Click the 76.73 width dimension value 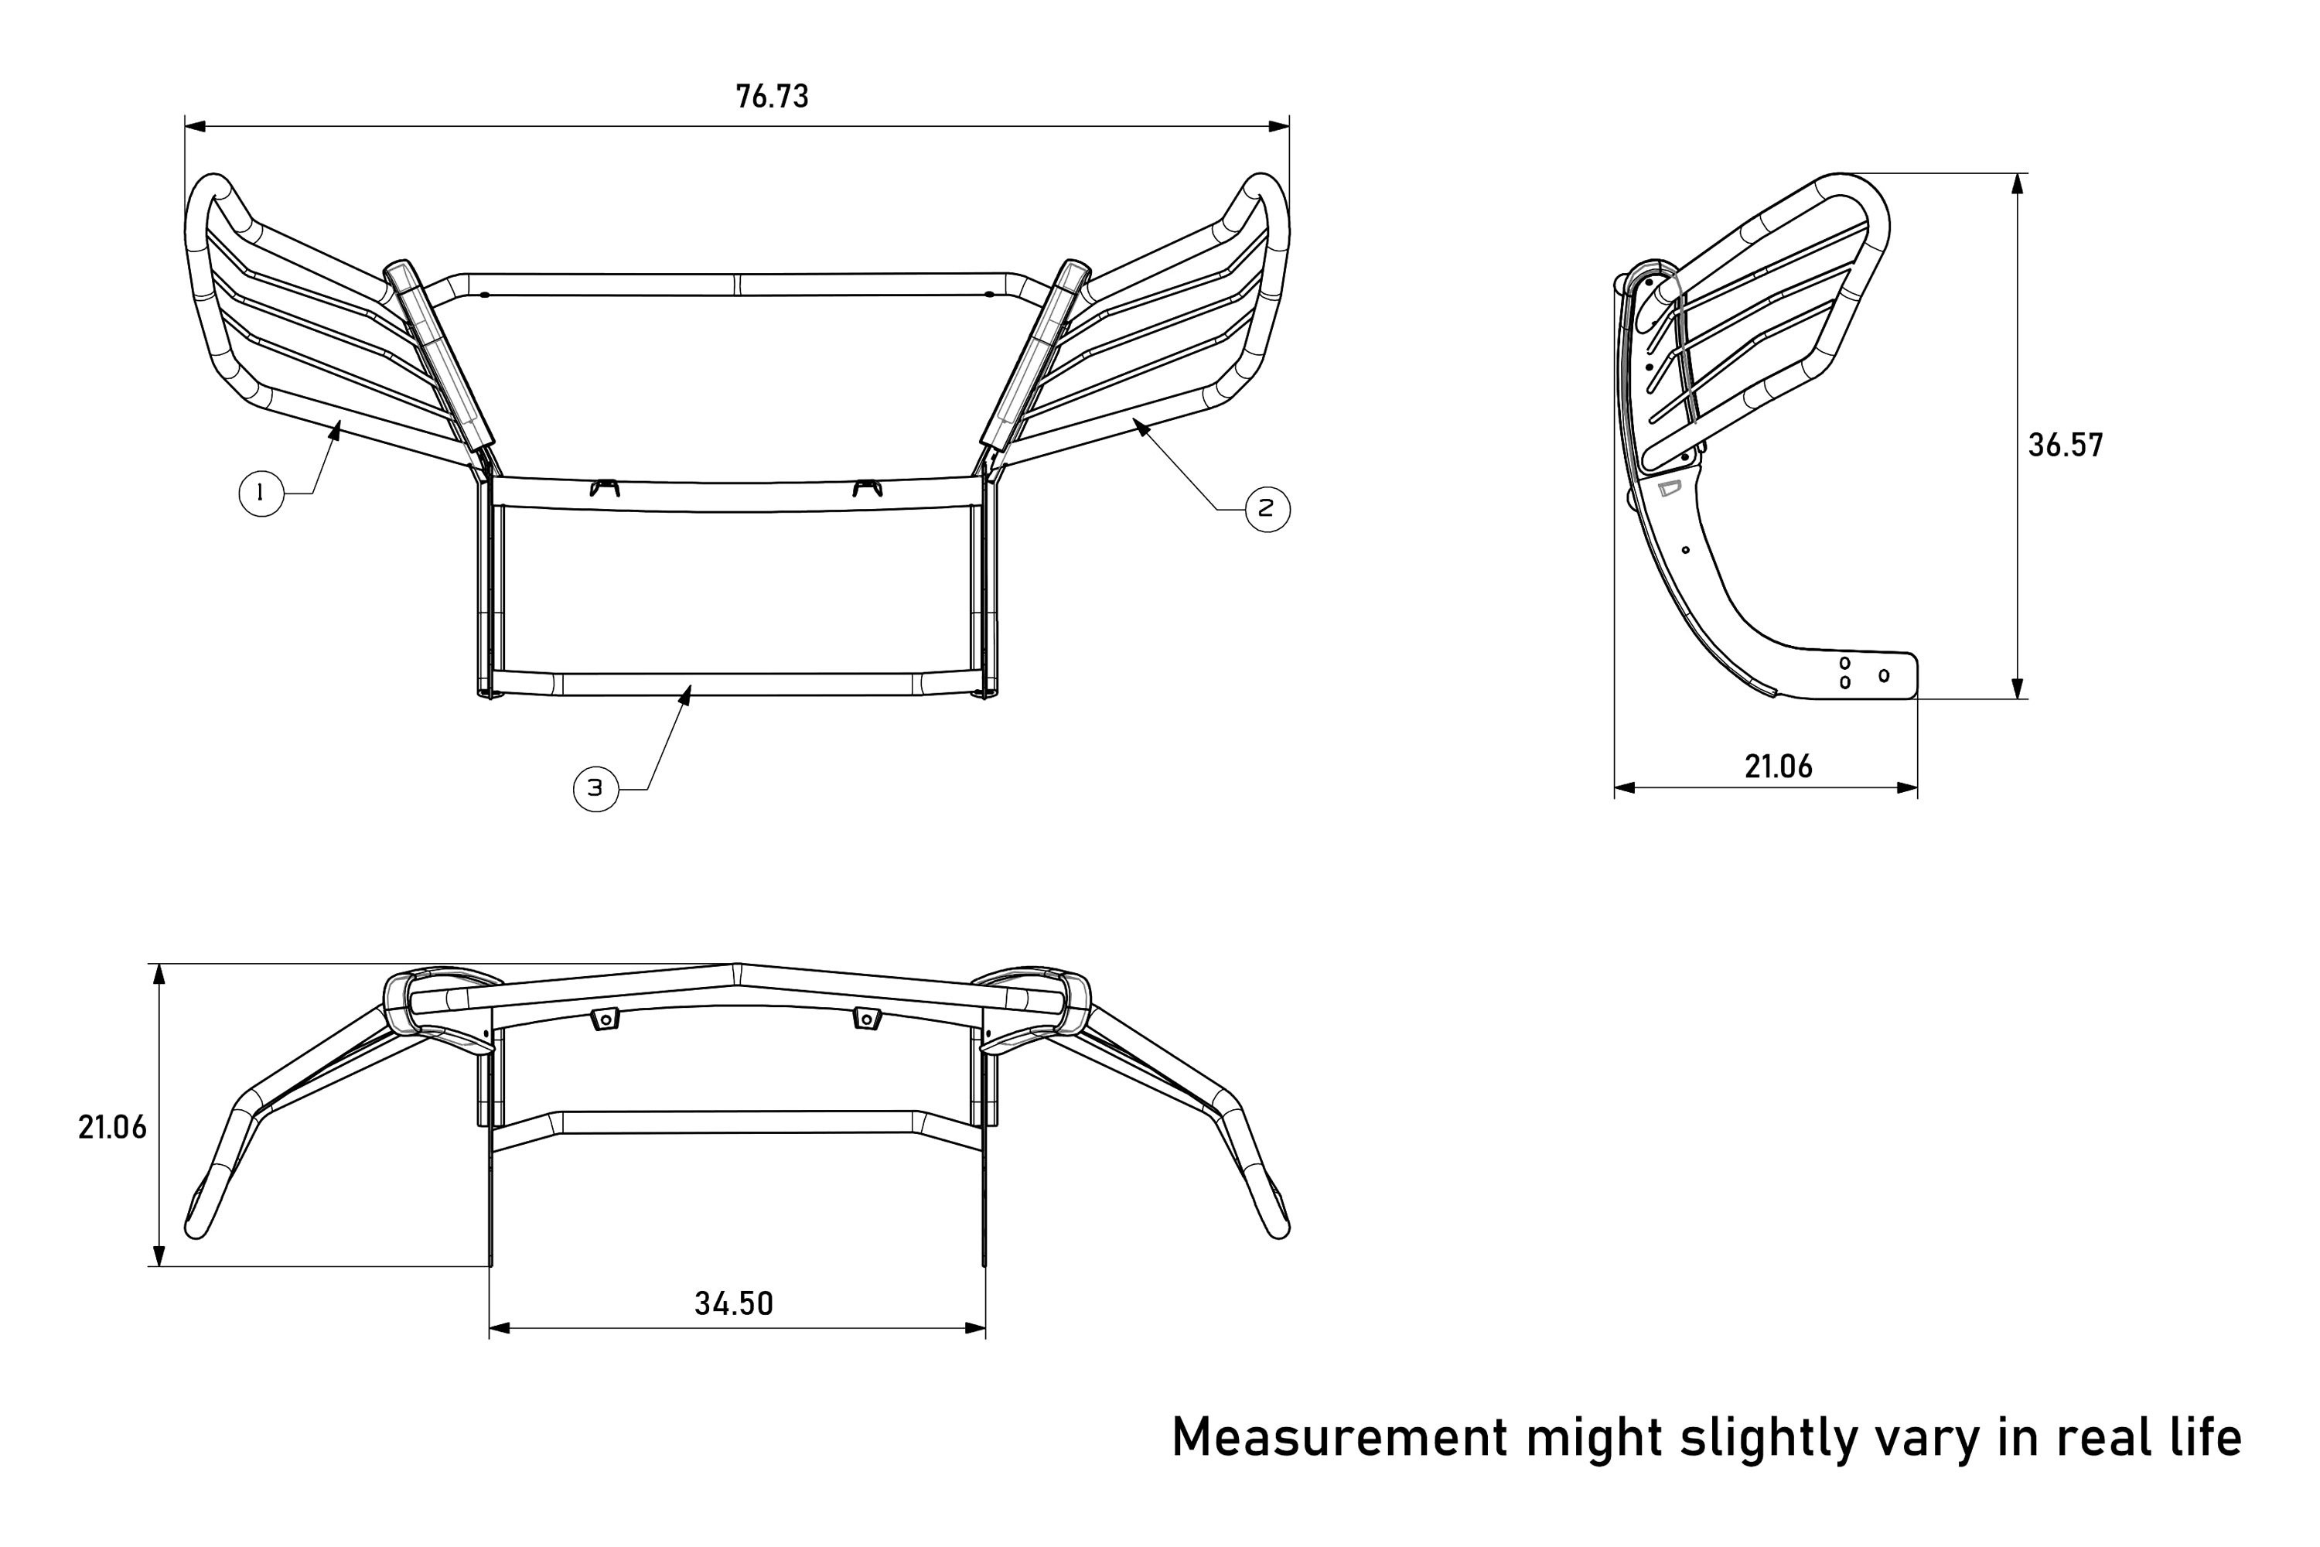[x=773, y=97]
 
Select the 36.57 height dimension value [x=2066, y=445]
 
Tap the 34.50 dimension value [x=734, y=1303]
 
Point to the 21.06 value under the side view [x=1779, y=767]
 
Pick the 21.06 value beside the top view [x=112, y=1127]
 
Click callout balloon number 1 [x=261, y=492]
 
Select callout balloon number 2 [x=1267, y=509]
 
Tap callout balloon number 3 [x=595, y=788]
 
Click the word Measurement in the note [x=1339, y=1437]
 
